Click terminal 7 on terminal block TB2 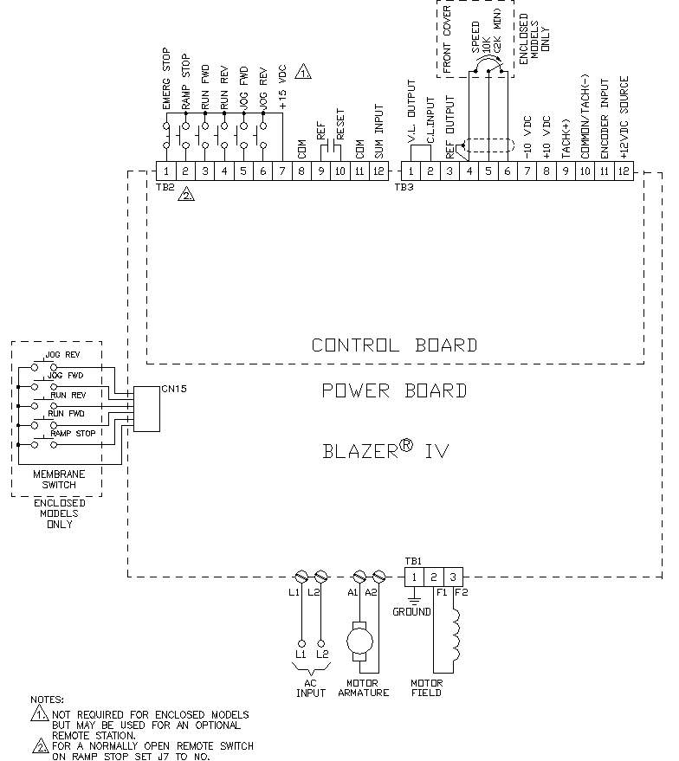pos(282,171)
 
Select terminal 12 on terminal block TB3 pos(624,171)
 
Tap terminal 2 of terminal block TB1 pos(433,577)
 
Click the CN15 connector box pos(146,409)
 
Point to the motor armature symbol pos(359,641)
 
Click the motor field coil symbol pos(456,634)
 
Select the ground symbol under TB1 pos(414,597)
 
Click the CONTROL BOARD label pos(394,345)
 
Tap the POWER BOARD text pos(394,390)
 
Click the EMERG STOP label pos(166,79)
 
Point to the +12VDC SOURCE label pos(624,118)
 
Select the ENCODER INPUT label pos(605,119)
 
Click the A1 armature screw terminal pos(359,577)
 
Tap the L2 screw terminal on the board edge pos(320,577)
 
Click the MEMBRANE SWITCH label pos(59,480)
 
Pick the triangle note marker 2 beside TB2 pos(186,195)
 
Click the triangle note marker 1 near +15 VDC pos(303,71)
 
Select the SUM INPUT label pos(379,132)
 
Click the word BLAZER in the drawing pos(360,451)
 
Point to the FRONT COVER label pos(447,39)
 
